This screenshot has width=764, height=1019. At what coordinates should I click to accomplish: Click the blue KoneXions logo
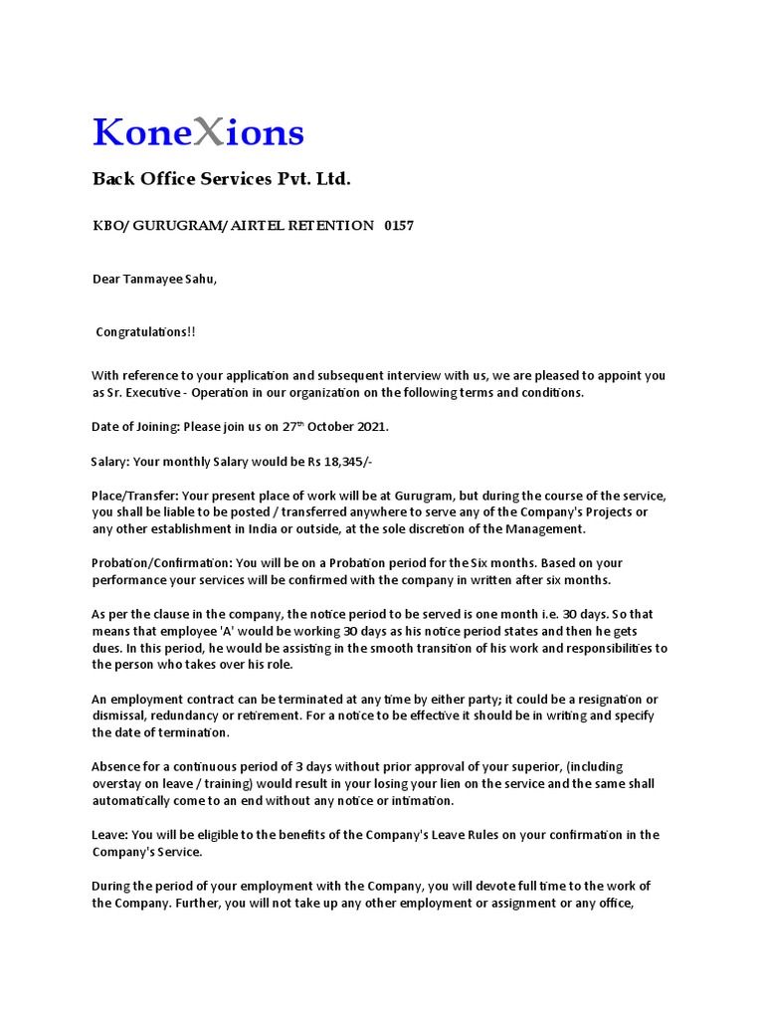tap(198, 132)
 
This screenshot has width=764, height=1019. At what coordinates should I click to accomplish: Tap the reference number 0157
tap(399, 226)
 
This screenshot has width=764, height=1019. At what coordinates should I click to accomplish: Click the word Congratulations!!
tap(145, 331)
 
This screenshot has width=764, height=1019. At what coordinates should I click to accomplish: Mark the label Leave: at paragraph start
tap(107, 835)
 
